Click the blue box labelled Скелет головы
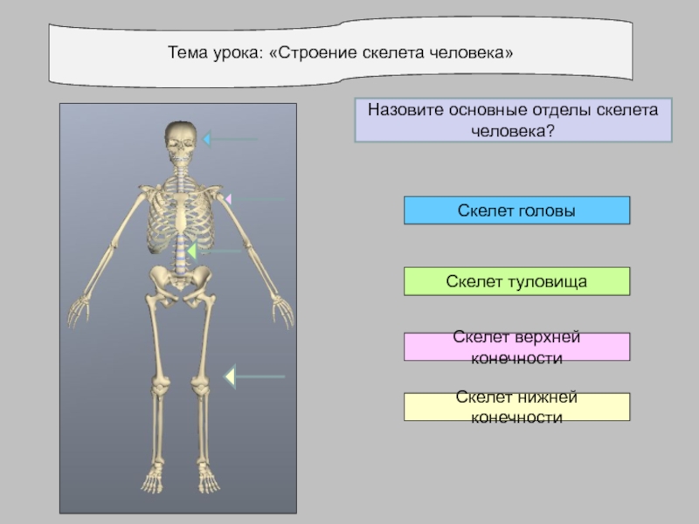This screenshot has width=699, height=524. click(516, 210)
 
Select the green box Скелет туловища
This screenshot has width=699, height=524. click(516, 281)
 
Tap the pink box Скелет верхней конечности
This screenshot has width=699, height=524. click(516, 347)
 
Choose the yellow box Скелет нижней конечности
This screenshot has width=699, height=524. click(516, 407)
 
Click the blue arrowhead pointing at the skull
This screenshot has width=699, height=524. click(206, 139)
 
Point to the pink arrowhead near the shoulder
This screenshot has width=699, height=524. click(228, 200)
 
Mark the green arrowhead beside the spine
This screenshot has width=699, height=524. click(191, 252)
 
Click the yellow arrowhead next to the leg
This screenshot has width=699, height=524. click(230, 376)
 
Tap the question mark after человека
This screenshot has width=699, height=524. click(551, 130)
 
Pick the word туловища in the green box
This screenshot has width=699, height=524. click(549, 281)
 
